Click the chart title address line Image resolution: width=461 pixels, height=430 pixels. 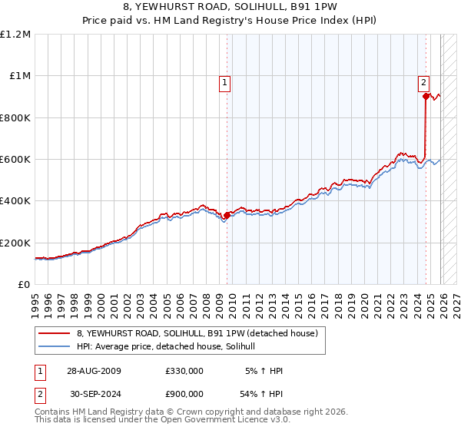(x=230, y=8)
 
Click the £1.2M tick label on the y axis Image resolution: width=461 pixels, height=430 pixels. (x=15, y=35)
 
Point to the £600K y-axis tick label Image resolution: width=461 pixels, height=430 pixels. (x=15, y=160)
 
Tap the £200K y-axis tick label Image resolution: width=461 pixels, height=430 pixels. (x=15, y=243)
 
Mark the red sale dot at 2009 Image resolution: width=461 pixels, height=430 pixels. (x=227, y=216)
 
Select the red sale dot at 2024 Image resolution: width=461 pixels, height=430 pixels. (x=426, y=97)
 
